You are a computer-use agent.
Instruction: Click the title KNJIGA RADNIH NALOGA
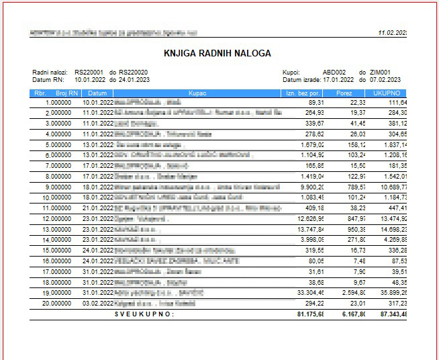[x=217, y=53]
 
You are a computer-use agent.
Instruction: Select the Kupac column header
[x=197, y=93]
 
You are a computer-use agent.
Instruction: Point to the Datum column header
[x=97, y=93]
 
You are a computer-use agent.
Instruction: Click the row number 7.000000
[x=58, y=165]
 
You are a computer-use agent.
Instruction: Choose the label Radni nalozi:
[x=50, y=73]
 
